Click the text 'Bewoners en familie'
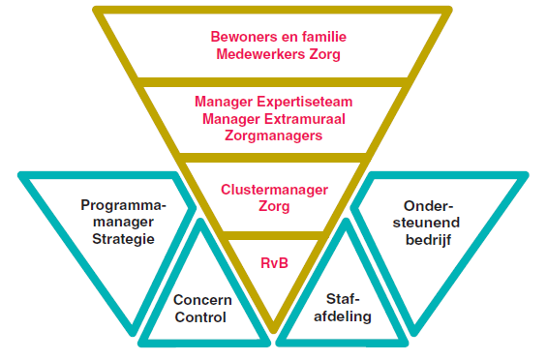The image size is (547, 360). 278,38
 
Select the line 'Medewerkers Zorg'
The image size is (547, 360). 278,54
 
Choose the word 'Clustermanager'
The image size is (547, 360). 275,190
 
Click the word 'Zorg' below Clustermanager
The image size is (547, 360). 275,207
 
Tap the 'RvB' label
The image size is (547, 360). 275,261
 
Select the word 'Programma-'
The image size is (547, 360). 124,205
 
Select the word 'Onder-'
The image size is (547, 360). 426,205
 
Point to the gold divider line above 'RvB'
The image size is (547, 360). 275,235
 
